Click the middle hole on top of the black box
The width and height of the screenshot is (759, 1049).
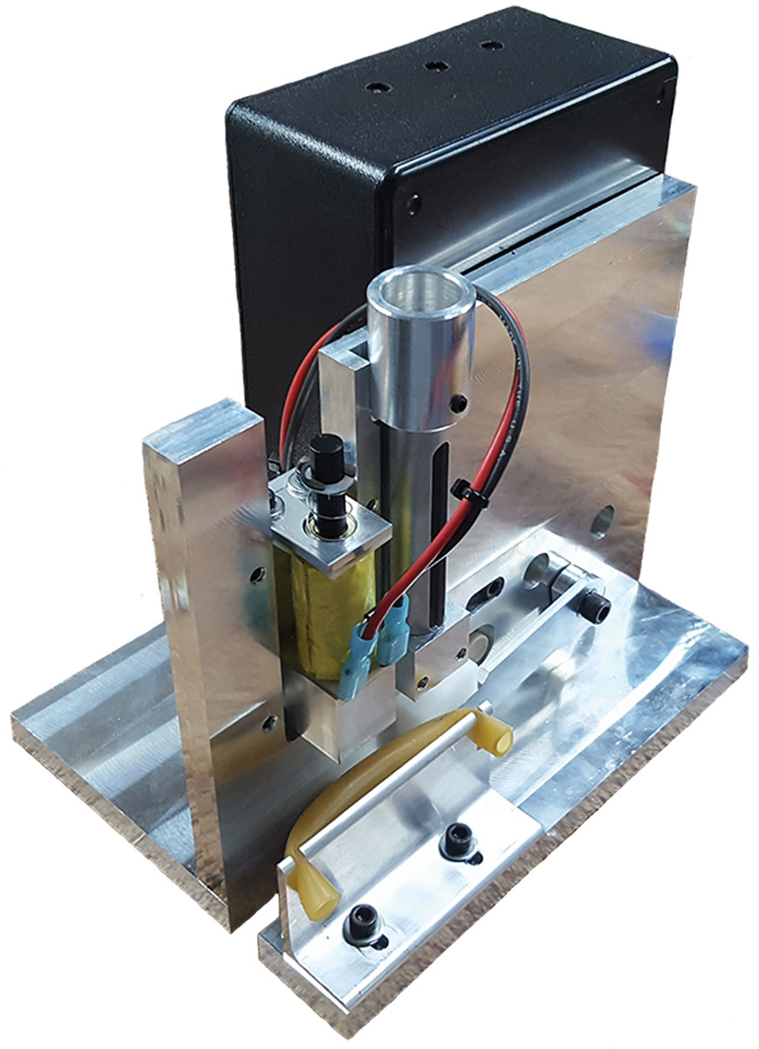[431, 66]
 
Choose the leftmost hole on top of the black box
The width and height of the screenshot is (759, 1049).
[377, 88]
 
